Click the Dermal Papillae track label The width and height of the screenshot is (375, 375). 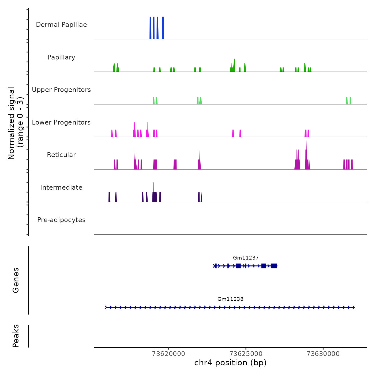61,25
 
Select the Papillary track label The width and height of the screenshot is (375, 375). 61,57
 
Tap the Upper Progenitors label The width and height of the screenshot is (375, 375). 61,90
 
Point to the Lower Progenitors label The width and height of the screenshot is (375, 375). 61,122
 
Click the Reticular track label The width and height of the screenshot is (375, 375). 61,155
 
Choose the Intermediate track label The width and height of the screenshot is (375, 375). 61,187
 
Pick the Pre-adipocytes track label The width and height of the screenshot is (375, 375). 61,220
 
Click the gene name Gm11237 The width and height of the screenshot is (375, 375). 246,258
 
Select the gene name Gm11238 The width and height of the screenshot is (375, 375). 230,299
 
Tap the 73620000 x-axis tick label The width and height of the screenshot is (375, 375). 168,354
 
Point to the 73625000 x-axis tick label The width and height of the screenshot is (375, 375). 246,354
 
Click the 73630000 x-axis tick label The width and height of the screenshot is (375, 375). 323,354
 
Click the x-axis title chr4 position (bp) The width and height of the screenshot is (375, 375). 230,363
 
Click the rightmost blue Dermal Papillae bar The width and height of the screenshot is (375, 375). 163,28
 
